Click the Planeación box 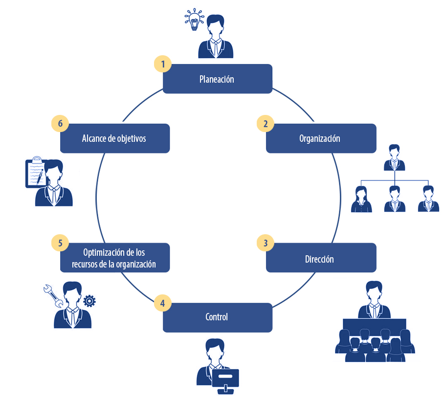point(217,79)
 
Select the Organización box point(321,138)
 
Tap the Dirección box point(321,258)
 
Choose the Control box point(217,317)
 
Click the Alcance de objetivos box point(114,138)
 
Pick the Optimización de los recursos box point(114,258)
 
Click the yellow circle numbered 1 point(162,64)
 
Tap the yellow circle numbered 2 point(266,124)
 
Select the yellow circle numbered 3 point(266,243)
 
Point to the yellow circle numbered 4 point(162,303)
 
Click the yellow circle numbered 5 point(60,243)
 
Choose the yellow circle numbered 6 point(60,124)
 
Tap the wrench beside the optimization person point(53,295)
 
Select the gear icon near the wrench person point(89,300)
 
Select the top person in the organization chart point(395,157)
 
